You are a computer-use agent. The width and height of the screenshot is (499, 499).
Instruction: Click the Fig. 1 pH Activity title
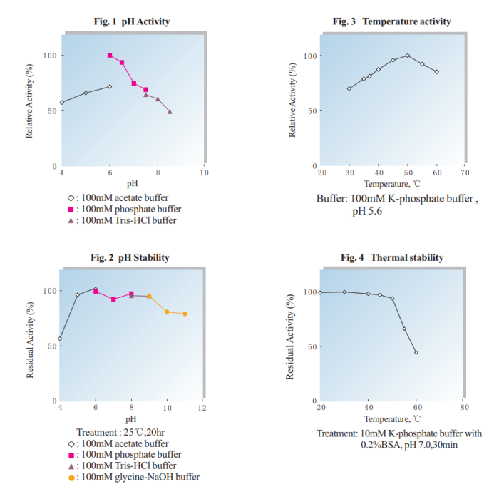pyautogui.click(x=132, y=21)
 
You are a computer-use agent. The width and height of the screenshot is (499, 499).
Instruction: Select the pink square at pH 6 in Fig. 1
pyautogui.click(x=110, y=56)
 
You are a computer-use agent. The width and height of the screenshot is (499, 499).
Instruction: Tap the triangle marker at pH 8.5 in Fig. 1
pyautogui.click(x=170, y=112)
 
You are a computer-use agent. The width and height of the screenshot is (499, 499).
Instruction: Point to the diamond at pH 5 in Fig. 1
pyautogui.click(x=86, y=93)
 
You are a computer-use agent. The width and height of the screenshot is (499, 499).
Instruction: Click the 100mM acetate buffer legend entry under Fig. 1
pyautogui.click(x=118, y=198)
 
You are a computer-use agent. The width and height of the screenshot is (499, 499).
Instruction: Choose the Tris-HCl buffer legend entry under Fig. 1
pyautogui.click(x=122, y=220)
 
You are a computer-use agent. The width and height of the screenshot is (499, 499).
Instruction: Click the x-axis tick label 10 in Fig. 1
pyautogui.click(x=204, y=173)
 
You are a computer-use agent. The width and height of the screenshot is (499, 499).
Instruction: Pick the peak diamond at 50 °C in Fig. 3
pyautogui.click(x=408, y=56)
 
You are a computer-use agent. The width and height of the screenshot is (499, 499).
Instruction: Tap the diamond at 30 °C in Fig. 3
pyautogui.click(x=349, y=88)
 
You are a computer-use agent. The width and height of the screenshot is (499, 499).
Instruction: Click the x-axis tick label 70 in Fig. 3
pyautogui.click(x=465, y=173)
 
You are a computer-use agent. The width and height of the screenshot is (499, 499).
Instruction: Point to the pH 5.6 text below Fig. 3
pyautogui.click(x=367, y=211)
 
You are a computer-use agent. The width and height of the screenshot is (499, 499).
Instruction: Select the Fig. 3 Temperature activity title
pyautogui.click(x=392, y=21)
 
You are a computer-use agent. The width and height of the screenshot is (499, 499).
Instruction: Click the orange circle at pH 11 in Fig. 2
pyautogui.click(x=185, y=314)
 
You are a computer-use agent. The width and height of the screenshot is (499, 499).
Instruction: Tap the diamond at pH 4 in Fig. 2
pyautogui.click(x=60, y=339)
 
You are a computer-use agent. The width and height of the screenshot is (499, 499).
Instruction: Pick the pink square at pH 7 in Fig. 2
pyautogui.click(x=113, y=299)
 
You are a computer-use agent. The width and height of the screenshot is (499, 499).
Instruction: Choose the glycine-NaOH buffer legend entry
pyautogui.click(x=134, y=478)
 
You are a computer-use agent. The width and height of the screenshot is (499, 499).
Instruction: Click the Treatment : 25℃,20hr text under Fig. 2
pyautogui.click(x=120, y=432)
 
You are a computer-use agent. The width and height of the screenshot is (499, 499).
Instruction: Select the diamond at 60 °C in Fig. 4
pyautogui.click(x=416, y=352)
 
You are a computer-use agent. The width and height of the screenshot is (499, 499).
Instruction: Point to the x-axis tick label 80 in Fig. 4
pyautogui.click(x=464, y=407)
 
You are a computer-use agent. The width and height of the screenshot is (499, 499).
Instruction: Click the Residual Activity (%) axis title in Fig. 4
pyautogui.click(x=289, y=336)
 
